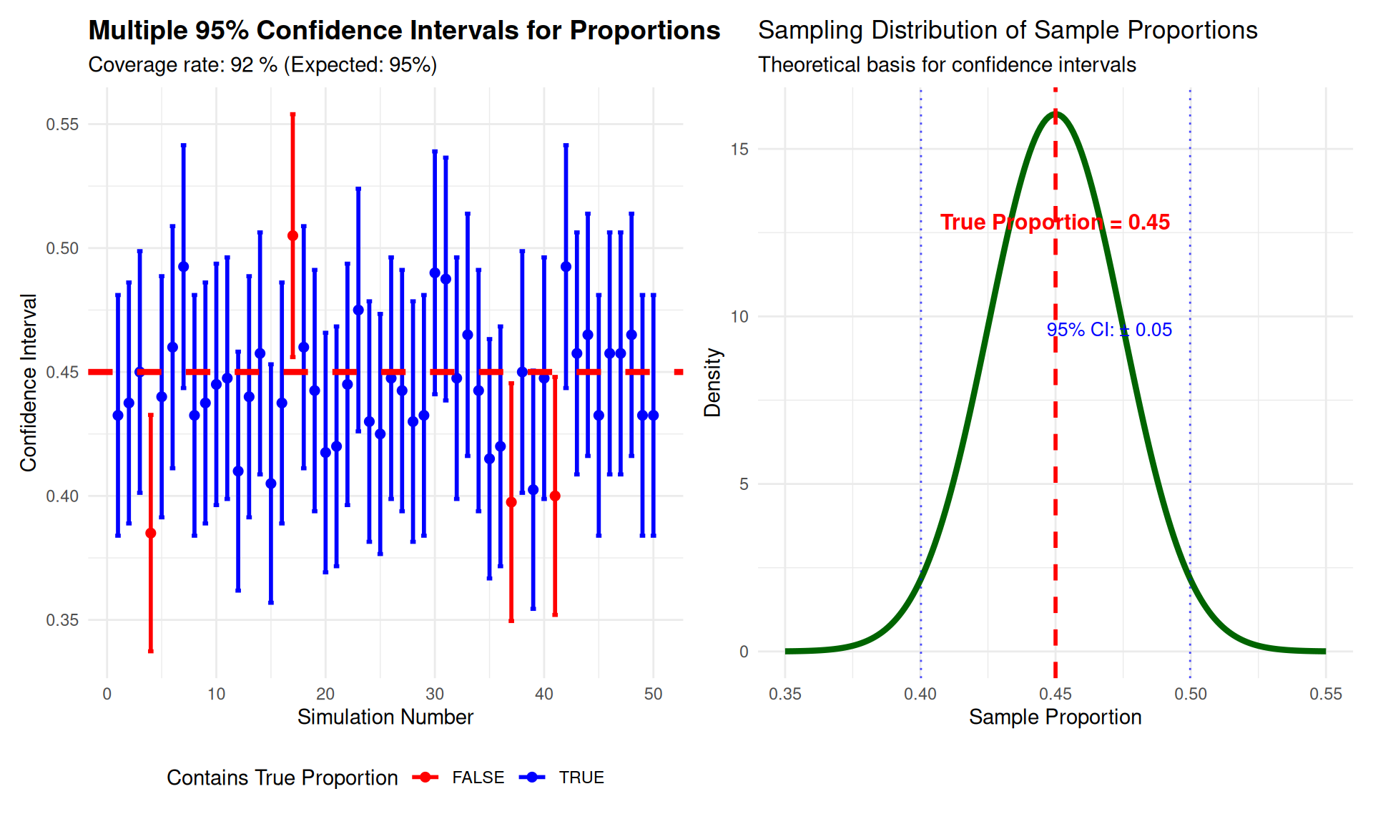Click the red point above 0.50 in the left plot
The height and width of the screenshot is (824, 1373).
(x=292, y=236)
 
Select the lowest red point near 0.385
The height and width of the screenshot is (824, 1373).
(x=150, y=533)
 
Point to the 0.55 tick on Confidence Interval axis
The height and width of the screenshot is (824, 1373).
(x=62, y=124)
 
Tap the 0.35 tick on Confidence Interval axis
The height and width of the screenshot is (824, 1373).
(x=62, y=620)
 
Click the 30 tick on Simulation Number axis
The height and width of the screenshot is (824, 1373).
(x=435, y=694)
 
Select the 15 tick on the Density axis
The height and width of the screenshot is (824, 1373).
(x=739, y=149)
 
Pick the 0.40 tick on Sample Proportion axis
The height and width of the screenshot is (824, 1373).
(x=920, y=694)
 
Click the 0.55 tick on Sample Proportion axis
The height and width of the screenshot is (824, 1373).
(x=1326, y=694)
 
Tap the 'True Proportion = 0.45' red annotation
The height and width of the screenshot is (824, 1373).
(x=1055, y=222)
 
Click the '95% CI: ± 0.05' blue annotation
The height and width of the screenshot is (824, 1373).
(x=1109, y=330)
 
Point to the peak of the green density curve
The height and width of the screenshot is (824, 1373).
(x=1055, y=112)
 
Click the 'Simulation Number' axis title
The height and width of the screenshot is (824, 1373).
(x=385, y=717)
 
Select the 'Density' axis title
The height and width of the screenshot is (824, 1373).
(x=713, y=382)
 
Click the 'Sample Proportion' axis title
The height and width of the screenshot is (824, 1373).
(x=1055, y=717)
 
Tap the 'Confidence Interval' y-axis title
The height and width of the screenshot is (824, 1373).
(x=29, y=382)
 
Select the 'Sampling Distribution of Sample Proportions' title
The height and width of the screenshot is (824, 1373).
(x=1007, y=30)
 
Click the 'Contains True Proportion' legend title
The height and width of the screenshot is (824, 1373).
(x=282, y=778)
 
